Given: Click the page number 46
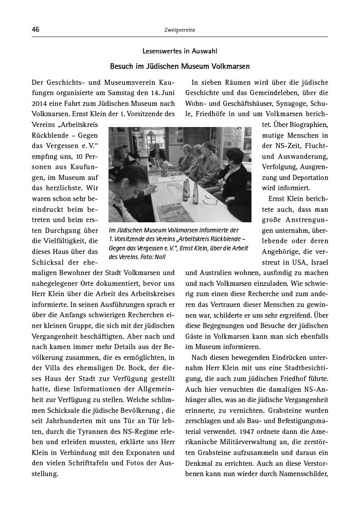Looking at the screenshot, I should click(35, 30).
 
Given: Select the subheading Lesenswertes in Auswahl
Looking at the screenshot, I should click(179, 51).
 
